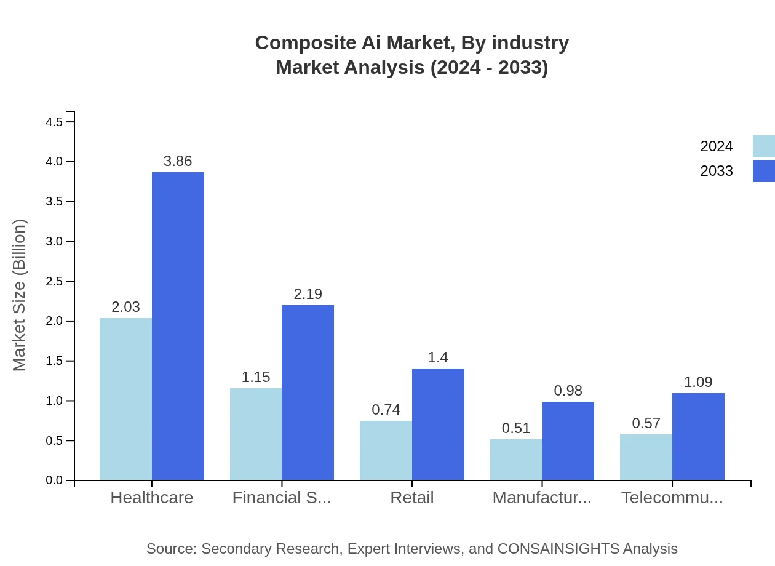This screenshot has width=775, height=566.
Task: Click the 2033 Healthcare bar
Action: (x=178, y=326)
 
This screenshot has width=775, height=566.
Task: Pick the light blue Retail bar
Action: (x=386, y=450)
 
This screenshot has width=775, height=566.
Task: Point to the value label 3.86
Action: (x=178, y=162)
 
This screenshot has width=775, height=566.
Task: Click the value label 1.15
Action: (x=256, y=378)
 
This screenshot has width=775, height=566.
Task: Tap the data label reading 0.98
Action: (x=568, y=391)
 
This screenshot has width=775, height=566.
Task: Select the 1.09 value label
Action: (x=698, y=383)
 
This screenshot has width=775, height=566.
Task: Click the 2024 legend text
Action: (x=717, y=146)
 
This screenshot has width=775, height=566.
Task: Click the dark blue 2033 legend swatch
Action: (x=763, y=171)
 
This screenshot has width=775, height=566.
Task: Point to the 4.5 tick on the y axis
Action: (x=54, y=122)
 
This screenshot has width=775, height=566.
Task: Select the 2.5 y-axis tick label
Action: (x=54, y=282)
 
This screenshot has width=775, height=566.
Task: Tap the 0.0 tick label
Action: (x=54, y=480)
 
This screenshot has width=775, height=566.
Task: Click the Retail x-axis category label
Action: (x=412, y=498)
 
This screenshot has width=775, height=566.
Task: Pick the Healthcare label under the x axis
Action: (x=151, y=498)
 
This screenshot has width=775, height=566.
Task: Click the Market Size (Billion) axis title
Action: (x=20, y=295)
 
